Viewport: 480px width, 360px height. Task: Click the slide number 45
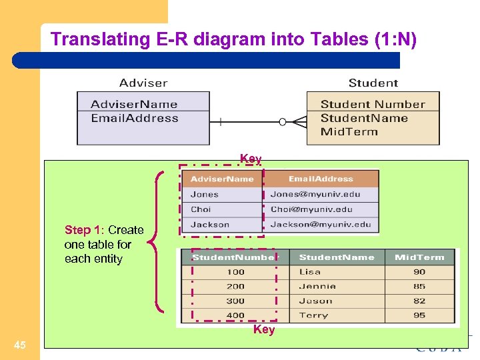pyautogui.click(x=20, y=345)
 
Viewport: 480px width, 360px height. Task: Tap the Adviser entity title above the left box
pyautogui.click(x=143, y=83)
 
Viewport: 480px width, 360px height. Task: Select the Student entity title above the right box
pyautogui.click(x=373, y=83)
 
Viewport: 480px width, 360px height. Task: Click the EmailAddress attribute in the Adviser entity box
pyautogui.click(x=135, y=119)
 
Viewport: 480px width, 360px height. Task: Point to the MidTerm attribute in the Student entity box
pyautogui.click(x=349, y=131)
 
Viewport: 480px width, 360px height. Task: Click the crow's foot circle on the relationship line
pyautogui.click(x=283, y=122)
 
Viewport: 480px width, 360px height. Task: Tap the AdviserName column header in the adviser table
pyautogui.click(x=222, y=179)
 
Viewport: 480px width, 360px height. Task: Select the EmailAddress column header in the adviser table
pyautogui.click(x=321, y=179)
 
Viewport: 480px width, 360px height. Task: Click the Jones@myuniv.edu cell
pyautogui.click(x=315, y=195)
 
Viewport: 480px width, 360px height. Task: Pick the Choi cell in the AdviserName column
pyautogui.click(x=201, y=209)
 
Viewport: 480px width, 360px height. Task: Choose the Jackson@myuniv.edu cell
pyautogui.click(x=321, y=225)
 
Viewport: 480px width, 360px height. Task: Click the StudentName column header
pyautogui.click(x=337, y=257)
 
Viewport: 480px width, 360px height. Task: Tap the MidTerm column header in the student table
pyautogui.click(x=419, y=257)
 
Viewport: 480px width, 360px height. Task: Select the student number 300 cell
pyautogui.click(x=235, y=301)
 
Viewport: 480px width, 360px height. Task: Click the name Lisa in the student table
pyautogui.click(x=309, y=272)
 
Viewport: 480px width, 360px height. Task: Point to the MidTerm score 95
pyautogui.click(x=419, y=315)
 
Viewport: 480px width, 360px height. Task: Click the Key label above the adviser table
pyautogui.click(x=251, y=159)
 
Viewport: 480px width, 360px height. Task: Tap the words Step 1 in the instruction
pyautogui.click(x=77, y=230)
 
